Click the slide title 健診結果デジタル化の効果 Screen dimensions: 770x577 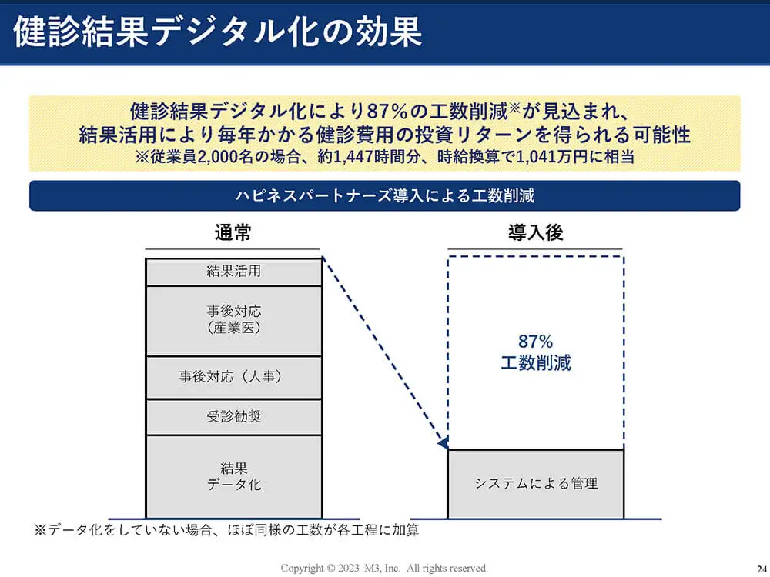click(x=218, y=32)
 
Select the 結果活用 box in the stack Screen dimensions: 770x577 click(x=234, y=272)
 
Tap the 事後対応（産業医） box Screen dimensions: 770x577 click(x=234, y=321)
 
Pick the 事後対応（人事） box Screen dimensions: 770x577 click(x=234, y=377)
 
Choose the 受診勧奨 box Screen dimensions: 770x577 click(x=234, y=417)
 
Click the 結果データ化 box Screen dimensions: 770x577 click(x=234, y=476)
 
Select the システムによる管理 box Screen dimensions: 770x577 click(x=536, y=484)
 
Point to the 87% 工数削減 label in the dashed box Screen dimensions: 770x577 click(x=536, y=352)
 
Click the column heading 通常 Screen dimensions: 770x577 click(x=233, y=232)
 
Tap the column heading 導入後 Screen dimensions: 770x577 click(x=535, y=232)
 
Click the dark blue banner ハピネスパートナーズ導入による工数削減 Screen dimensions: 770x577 click(x=384, y=195)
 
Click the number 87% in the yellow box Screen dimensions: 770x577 click(x=387, y=112)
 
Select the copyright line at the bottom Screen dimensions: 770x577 click(x=384, y=569)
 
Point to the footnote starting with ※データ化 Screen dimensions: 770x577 click(x=226, y=530)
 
